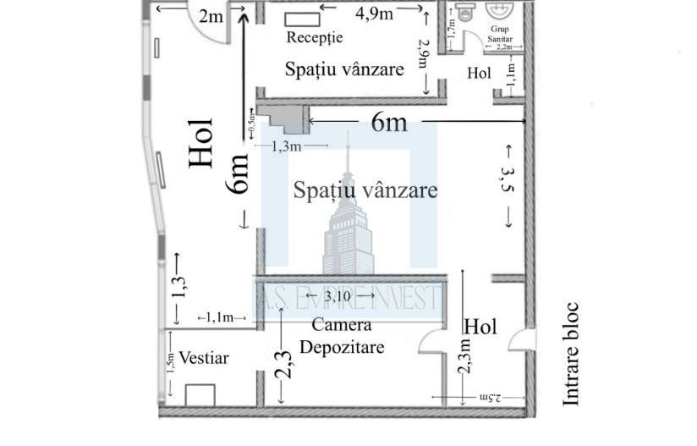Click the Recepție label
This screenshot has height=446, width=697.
pyautogui.click(x=314, y=38)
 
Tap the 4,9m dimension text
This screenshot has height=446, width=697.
pyautogui.click(x=373, y=13)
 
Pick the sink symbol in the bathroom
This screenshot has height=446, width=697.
pyautogui.click(x=502, y=11)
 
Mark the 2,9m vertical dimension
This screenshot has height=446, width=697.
pyautogui.click(x=424, y=58)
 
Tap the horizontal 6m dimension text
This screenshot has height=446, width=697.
pyautogui.click(x=389, y=123)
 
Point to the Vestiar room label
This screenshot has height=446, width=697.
pyautogui.click(x=204, y=358)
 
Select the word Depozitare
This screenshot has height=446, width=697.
pyautogui.click(x=342, y=347)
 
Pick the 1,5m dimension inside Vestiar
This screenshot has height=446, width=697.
pyautogui.click(x=170, y=362)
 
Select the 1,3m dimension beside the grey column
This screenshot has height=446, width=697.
pyautogui.click(x=287, y=146)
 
